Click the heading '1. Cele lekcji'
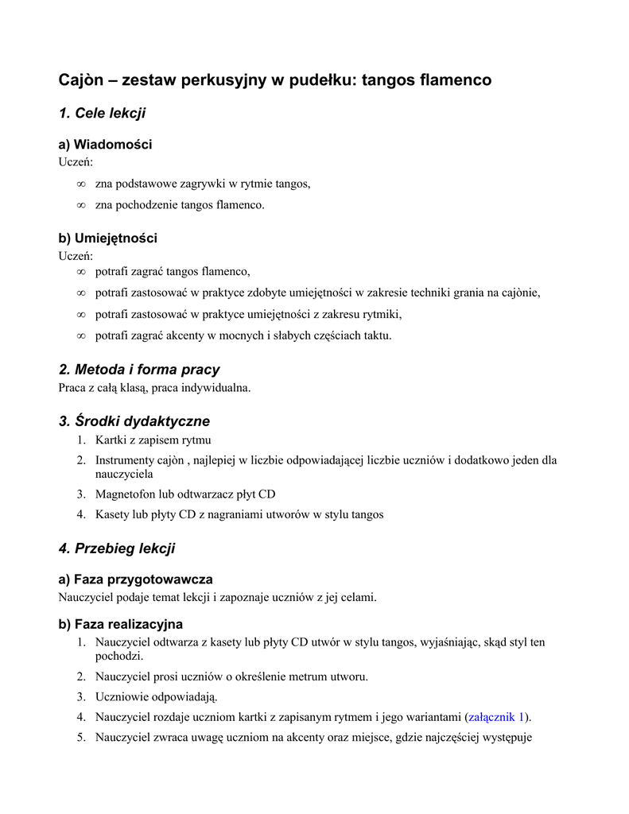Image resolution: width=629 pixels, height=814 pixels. point(102,114)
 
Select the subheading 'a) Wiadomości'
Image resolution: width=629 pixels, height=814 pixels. point(106,145)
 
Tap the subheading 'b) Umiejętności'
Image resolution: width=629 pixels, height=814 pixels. point(108,238)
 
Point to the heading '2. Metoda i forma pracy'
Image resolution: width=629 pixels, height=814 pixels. point(139,370)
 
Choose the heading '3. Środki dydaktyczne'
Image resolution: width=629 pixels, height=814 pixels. point(134,421)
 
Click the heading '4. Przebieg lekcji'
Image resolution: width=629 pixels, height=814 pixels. point(117,549)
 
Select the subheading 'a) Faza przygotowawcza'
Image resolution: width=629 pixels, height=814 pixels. point(136,580)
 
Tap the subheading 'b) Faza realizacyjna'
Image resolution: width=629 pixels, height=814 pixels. point(121,625)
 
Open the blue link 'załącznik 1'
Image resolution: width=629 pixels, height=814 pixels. point(497,717)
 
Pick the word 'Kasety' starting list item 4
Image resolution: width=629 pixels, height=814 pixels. point(112,515)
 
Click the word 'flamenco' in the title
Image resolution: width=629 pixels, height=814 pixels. point(456,80)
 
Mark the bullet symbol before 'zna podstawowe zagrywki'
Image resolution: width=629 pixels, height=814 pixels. point(80,184)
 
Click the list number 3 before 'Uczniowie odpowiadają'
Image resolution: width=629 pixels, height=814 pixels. point(81,697)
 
